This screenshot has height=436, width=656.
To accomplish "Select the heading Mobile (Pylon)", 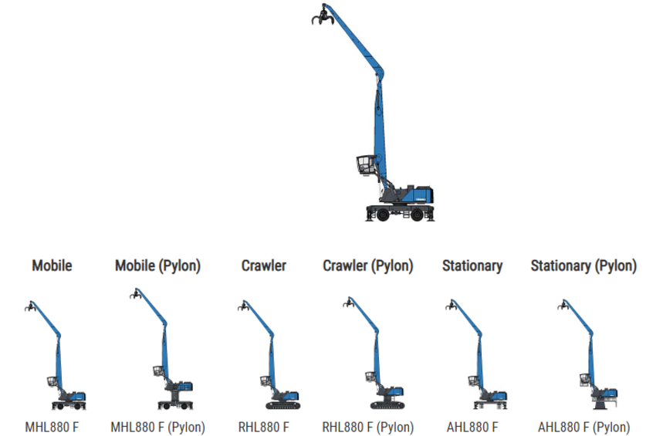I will [x=157, y=265].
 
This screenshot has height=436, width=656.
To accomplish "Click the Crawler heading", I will [x=264, y=265].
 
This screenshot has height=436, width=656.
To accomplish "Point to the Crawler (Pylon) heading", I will [x=367, y=265].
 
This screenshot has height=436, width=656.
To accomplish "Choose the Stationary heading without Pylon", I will [x=472, y=265].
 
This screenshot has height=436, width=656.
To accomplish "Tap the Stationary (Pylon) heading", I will [x=583, y=265].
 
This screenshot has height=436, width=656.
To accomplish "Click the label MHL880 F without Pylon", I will [x=52, y=427].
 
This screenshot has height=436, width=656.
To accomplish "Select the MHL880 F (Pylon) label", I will [x=157, y=427].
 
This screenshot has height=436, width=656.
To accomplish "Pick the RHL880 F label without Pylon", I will [x=264, y=427].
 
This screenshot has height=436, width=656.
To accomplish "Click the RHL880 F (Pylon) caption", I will [x=367, y=427].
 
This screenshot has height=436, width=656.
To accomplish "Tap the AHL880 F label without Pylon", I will [x=472, y=427].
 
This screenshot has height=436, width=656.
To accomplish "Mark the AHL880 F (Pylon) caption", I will [x=583, y=427].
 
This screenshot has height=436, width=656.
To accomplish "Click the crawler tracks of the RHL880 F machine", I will [x=282, y=405].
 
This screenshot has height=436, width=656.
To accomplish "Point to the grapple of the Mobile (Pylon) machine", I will [x=137, y=295].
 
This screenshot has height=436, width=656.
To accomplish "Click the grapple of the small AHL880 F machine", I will [x=451, y=306].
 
